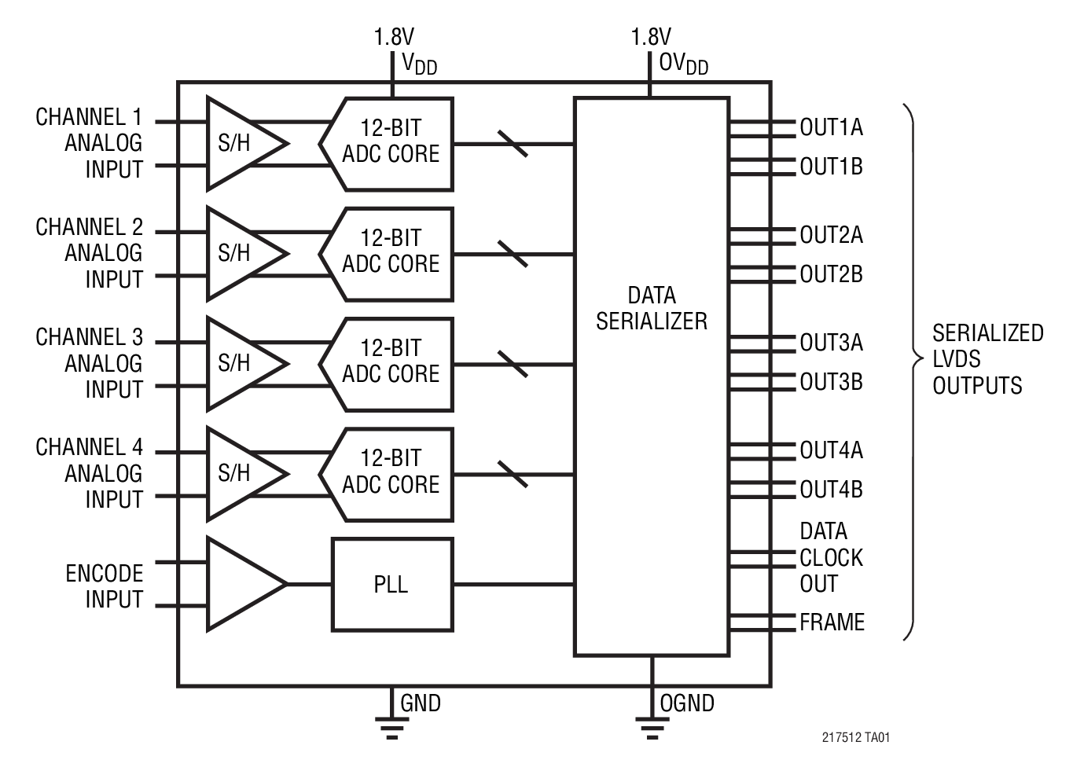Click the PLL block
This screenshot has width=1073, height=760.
tap(391, 584)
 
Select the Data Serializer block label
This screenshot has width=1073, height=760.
tap(651, 308)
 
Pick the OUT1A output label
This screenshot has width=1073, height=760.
tap(831, 127)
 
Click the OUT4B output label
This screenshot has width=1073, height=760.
tap(831, 490)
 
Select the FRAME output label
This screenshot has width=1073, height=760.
tap(832, 622)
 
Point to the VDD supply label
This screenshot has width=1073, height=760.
tap(419, 64)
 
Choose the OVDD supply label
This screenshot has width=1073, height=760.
tap(683, 64)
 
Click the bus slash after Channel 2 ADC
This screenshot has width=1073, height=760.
tap(513, 254)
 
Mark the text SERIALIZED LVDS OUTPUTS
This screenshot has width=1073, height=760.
tap(987, 359)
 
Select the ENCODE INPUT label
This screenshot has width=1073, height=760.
tap(105, 586)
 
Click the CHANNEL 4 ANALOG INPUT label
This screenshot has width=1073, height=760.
tap(90, 473)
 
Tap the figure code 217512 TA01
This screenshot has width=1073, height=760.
tap(856, 737)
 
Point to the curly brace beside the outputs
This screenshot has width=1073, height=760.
tap(913, 362)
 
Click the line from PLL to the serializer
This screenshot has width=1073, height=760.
tap(513, 584)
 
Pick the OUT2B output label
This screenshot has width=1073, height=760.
tap(831, 274)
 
